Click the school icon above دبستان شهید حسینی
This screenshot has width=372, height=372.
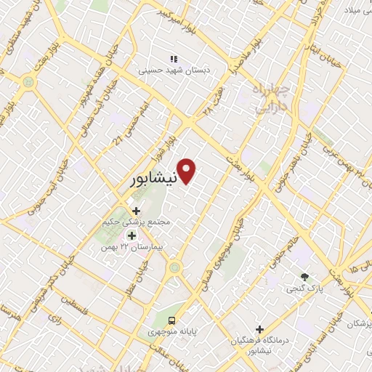[x=173, y=59]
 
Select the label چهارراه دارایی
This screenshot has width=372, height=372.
[x=272, y=98]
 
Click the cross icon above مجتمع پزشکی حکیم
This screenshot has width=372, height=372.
[x=136, y=211]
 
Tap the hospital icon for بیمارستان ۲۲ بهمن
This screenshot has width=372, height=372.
[x=132, y=235]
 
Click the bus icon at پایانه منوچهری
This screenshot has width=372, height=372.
[x=171, y=320]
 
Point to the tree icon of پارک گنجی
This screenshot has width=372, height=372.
[x=304, y=277]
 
